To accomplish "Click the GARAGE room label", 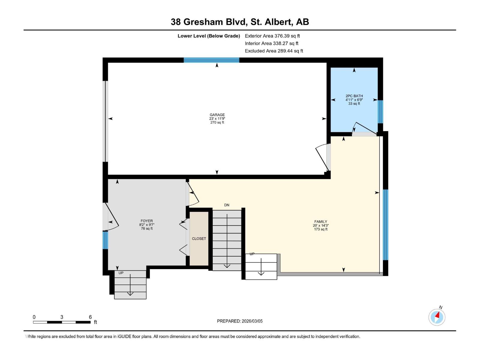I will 217,115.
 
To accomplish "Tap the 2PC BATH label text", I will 354,96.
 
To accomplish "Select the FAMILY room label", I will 320,222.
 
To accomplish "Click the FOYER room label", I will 147,221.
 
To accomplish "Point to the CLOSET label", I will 199,239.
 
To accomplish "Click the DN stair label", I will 226,205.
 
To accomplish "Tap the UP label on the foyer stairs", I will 121,273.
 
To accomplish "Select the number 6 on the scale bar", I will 90,317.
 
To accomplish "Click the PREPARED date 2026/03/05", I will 252,321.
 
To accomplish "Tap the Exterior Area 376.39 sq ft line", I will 272,36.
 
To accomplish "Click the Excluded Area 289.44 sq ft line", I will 274,51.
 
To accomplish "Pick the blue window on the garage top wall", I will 211,60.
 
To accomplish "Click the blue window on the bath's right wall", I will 380,112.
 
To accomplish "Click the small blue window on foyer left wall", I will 105,240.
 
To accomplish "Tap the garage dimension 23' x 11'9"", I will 217,118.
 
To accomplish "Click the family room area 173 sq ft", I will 320,229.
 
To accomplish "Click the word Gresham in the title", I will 203,22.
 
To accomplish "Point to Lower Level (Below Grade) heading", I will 208,36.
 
